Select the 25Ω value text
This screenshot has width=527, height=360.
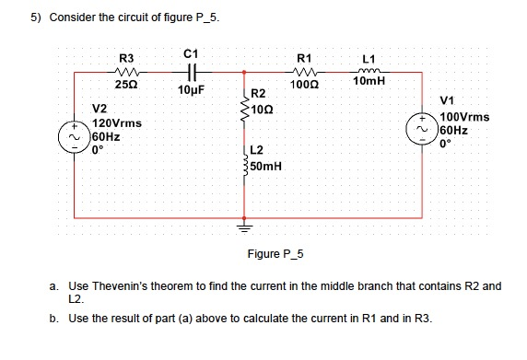[126, 85]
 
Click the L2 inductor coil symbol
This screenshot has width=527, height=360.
[245, 162]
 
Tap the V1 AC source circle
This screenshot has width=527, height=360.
[425, 129]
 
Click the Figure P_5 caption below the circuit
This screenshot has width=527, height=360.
[276, 253]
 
